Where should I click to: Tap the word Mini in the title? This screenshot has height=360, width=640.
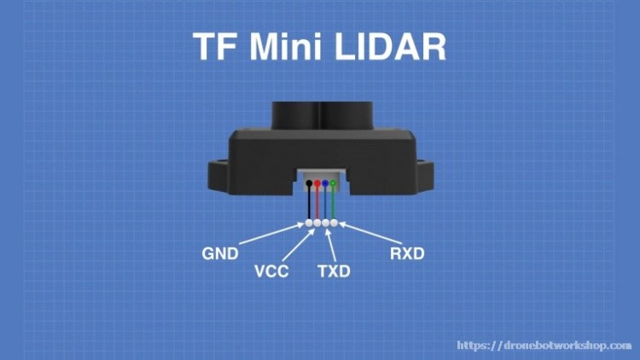(x=281, y=47)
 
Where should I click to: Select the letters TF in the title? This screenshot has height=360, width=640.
(x=214, y=47)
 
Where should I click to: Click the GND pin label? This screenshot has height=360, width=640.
(x=220, y=254)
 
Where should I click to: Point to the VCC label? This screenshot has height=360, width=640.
(x=271, y=273)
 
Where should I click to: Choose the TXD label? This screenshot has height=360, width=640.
(x=335, y=273)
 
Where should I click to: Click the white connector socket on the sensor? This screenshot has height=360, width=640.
(x=320, y=176)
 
